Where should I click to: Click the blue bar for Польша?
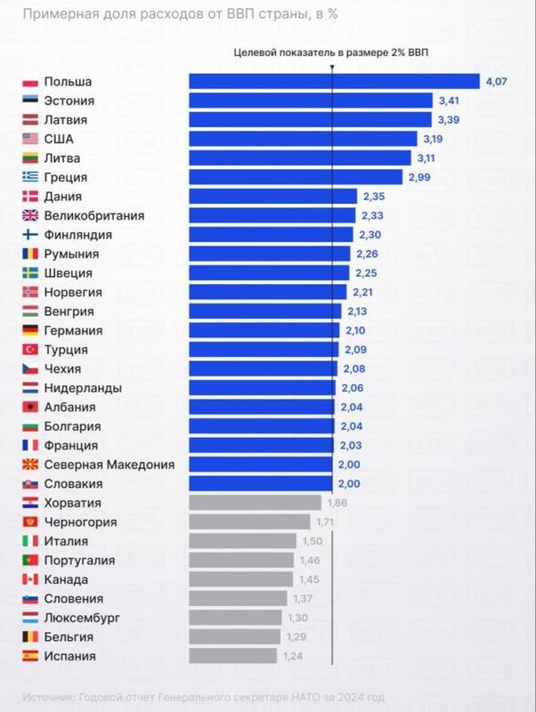tap(334, 82)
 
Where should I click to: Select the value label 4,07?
tap(497, 82)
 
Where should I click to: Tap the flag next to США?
tap(29, 139)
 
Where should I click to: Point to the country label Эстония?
tap(69, 101)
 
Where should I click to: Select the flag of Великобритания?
tap(29, 215)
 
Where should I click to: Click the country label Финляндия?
tap(77, 235)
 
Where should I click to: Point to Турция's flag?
tap(29, 350)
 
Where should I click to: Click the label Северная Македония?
tap(109, 465)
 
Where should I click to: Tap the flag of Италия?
tap(29, 541)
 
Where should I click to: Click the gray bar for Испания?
tap(232, 656)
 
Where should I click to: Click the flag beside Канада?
tap(29, 579)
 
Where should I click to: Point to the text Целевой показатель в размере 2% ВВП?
tap(330, 53)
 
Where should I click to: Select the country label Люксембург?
tap(82, 618)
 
